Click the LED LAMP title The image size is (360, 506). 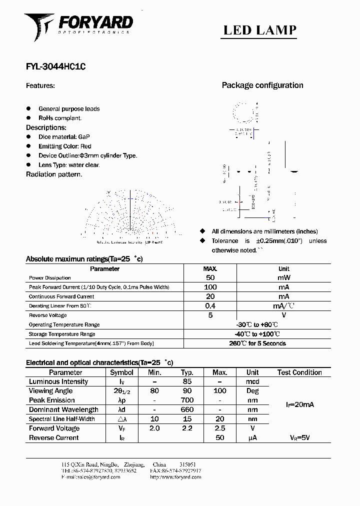259,30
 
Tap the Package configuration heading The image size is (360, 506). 262,85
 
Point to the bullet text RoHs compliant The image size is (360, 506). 60,118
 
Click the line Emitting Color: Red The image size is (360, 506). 65,146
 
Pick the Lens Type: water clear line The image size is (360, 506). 69,165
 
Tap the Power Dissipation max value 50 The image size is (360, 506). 210,277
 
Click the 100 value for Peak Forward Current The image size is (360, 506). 210,287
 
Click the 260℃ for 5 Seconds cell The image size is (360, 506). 257,343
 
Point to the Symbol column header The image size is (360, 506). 121,372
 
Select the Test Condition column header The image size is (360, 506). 299,372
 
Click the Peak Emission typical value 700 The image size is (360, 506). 187,400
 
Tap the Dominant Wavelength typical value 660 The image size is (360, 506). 187,410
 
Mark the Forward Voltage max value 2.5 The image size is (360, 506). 219,428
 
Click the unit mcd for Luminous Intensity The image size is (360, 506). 252,382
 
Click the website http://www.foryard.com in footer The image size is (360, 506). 175,477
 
